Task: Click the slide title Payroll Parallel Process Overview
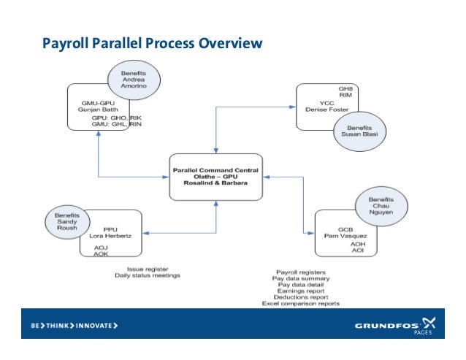[x=151, y=45]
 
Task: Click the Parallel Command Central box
[x=216, y=176]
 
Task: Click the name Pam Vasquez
[x=347, y=236]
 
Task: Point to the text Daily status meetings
[x=147, y=275]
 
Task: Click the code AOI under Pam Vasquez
[x=358, y=250]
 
